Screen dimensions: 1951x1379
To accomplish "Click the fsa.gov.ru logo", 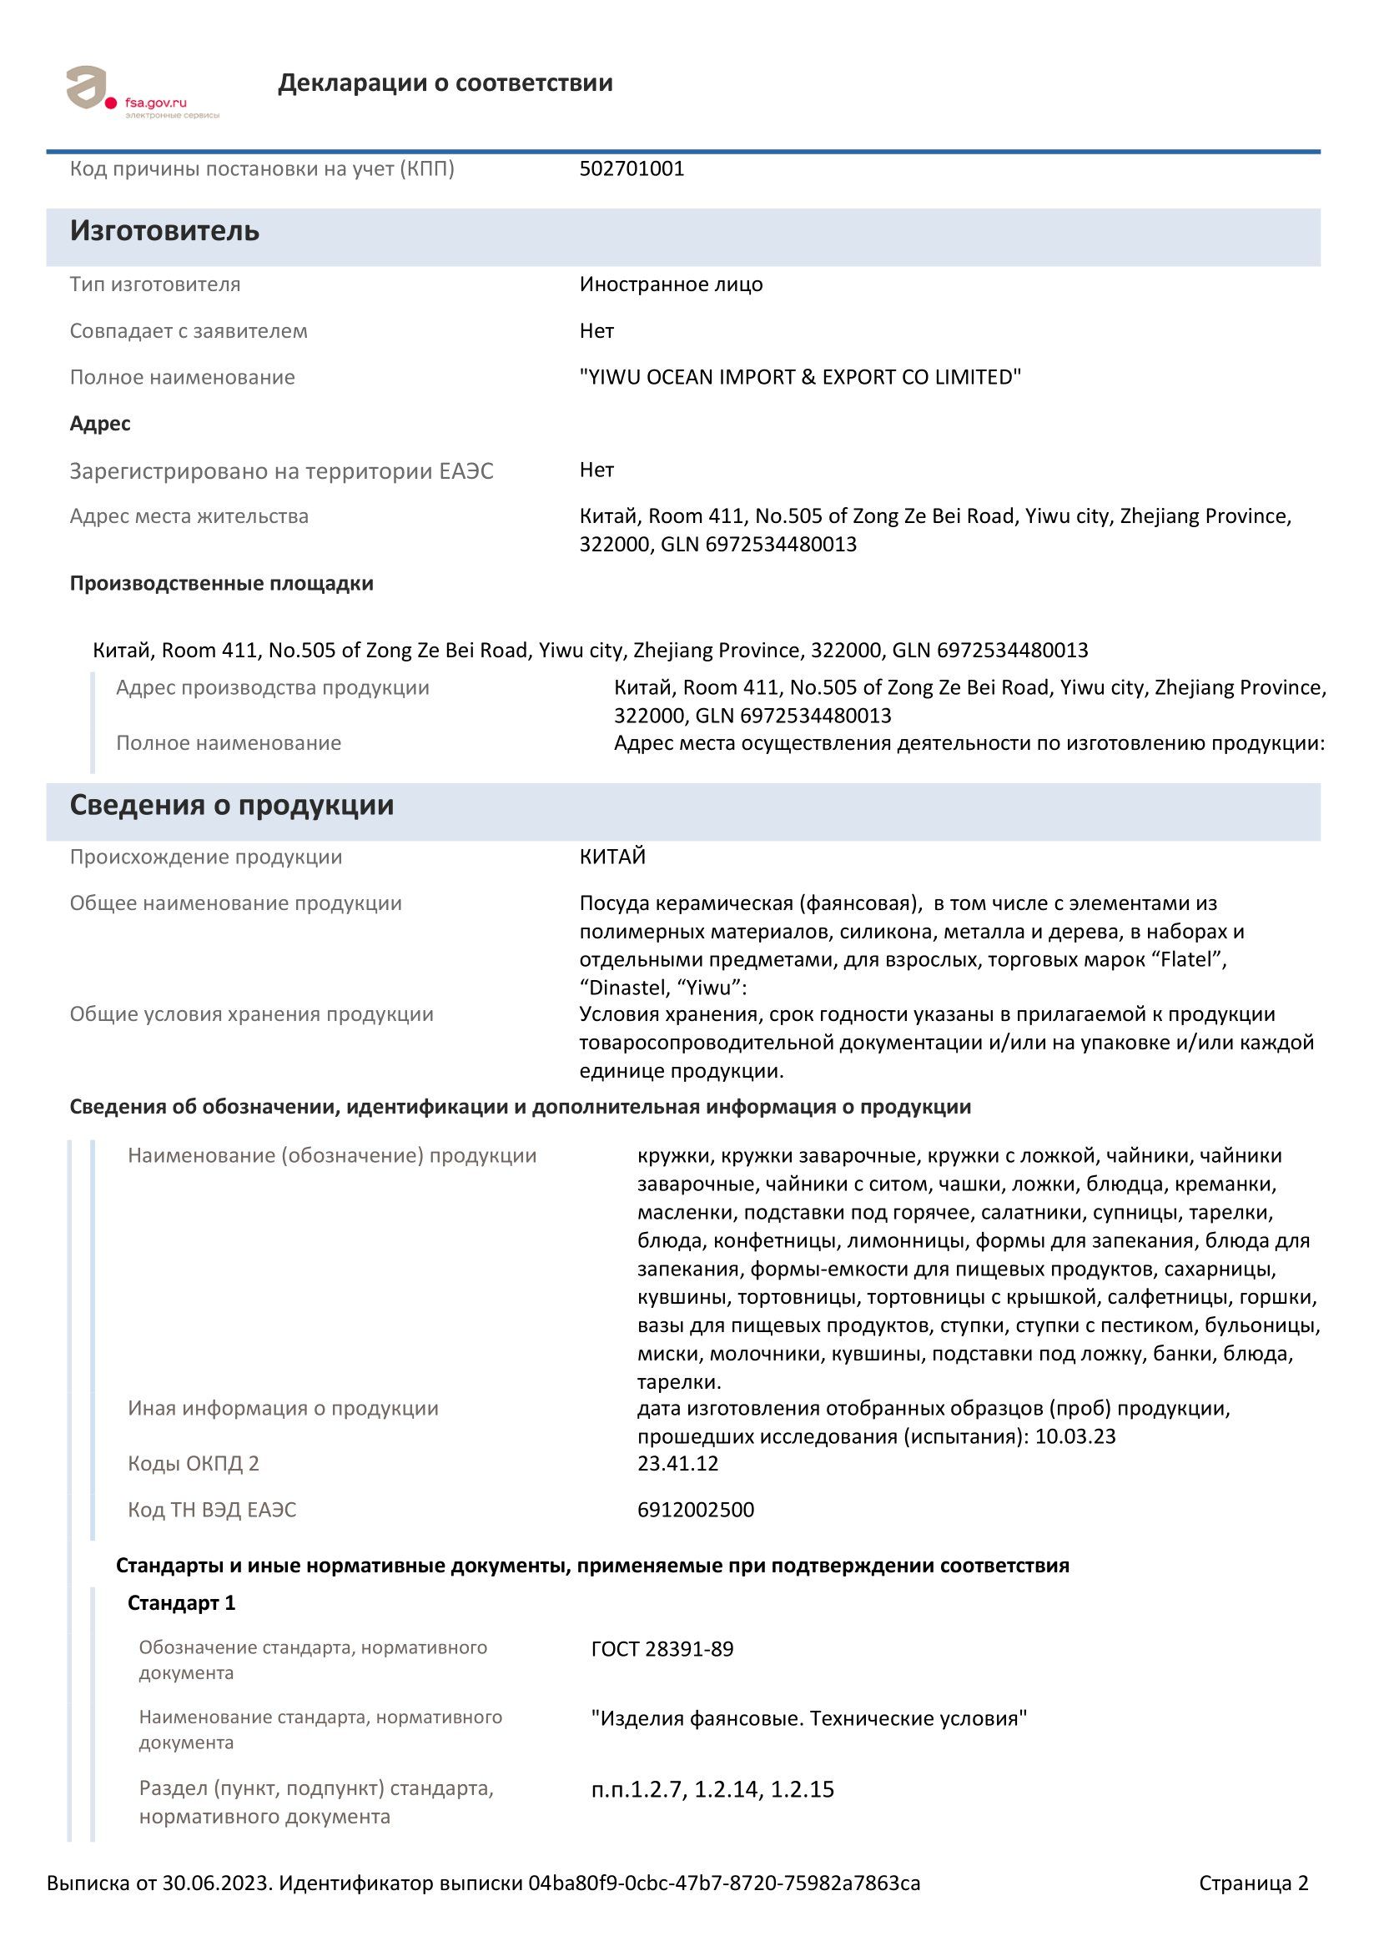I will [141, 92].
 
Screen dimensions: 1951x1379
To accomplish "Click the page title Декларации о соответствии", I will [445, 83].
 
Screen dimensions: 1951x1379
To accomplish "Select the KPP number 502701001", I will [632, 169].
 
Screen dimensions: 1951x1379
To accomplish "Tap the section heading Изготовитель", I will [164, 231].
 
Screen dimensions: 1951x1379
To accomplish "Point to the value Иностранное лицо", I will [671, 284].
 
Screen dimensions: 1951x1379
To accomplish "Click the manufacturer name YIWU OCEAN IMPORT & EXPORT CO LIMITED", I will [799, 377].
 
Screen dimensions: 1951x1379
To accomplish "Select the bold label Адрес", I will [100, 424].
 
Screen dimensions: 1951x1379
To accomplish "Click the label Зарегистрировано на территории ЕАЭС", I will [281, 471].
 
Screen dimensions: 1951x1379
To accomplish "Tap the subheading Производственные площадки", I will [221, 584].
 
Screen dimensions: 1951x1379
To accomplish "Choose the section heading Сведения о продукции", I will [231, 806].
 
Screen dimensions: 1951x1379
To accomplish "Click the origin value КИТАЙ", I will [612, 857].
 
